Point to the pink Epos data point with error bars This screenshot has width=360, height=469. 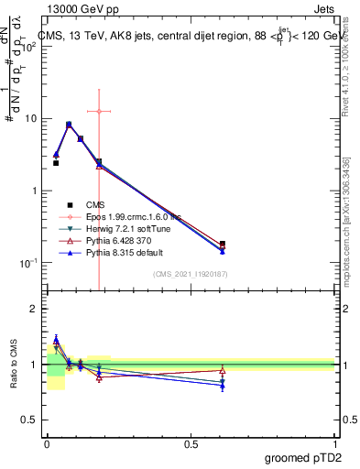pos(98,111)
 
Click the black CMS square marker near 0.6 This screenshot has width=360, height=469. pos(223,245)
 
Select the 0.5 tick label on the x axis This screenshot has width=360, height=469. pos(191,443)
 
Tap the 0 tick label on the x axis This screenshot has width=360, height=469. pos(47,443)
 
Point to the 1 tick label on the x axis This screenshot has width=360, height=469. pos(335,443)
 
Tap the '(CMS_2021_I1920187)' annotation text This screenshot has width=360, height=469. pos(191,274)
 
